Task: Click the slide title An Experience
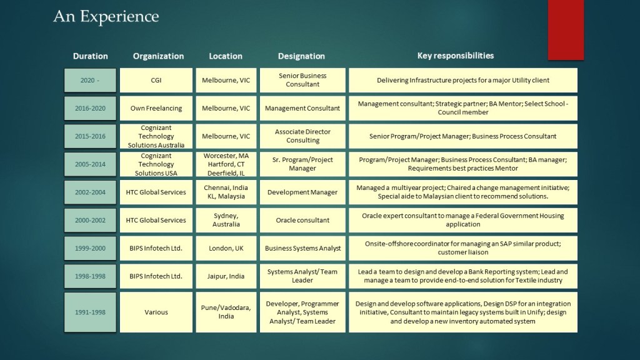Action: (106, 16)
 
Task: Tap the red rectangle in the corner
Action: (565, 29)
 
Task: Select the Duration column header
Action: (90, 56)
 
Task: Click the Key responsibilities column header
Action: (455, 56)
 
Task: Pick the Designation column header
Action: (301, 56)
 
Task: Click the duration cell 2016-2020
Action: (90, 108)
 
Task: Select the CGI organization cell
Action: (156, 80)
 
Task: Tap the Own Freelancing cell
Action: (156, 108)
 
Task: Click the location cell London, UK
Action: (226, 248)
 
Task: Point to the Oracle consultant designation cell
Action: (302, 220)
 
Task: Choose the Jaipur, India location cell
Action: (226, 276)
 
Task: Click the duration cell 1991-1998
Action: (90, 312)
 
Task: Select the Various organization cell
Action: (156, 312)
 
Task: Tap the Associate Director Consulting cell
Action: (302, 136)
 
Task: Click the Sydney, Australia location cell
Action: (226, 220)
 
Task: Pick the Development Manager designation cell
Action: (302, 192)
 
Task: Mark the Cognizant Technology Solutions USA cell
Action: (156, 164)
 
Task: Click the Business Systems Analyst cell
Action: (302, 248)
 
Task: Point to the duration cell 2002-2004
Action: (90, 192)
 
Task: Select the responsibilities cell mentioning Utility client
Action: (462, 80)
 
